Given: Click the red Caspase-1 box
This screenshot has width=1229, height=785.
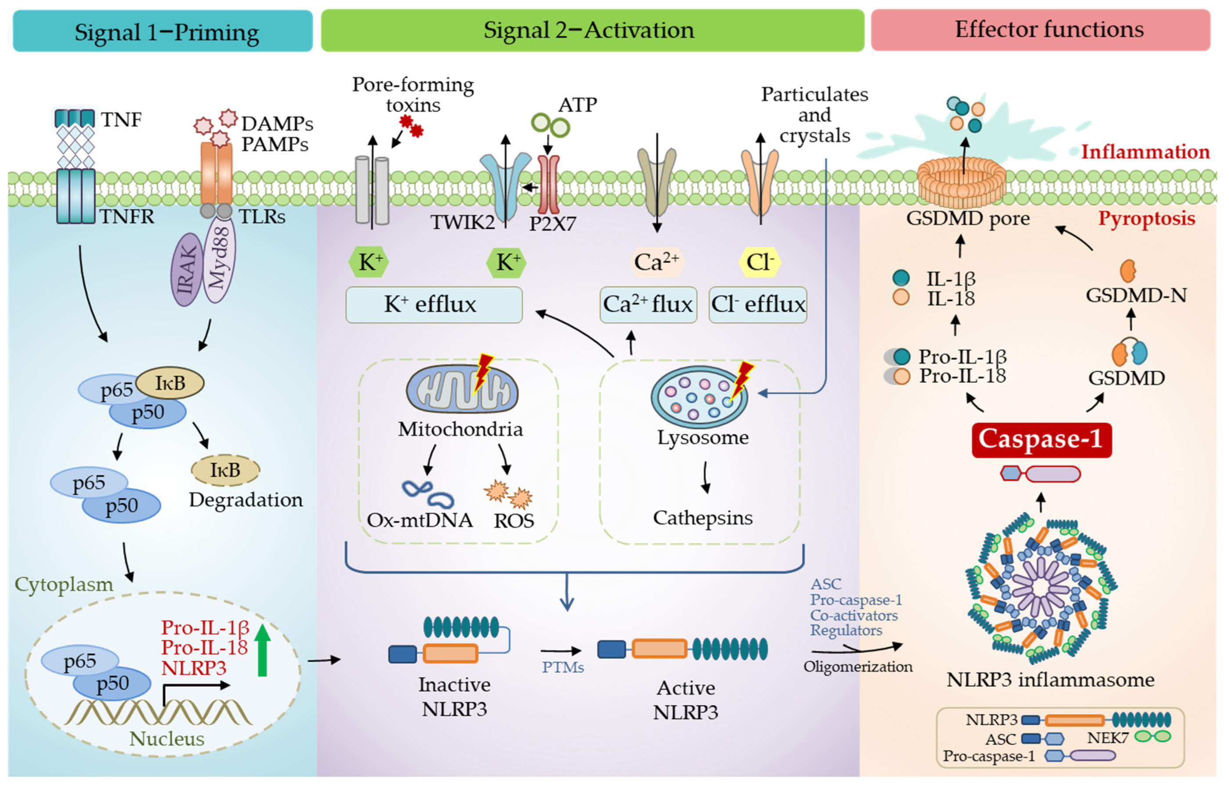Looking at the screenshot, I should (x=1041, y=439).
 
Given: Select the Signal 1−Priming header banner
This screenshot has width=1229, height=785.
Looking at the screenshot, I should (x=162, y=31).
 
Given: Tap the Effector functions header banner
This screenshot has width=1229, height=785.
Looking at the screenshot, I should (x=1040, y=29).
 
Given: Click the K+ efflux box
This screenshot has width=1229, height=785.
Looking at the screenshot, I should (x=433, y=305).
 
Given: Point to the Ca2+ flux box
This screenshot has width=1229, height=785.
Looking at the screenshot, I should (x=648, y=305).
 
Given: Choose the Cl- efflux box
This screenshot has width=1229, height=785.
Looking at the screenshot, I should (x=757, y=305).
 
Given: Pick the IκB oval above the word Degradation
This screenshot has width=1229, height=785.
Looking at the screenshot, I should (x=225, y=470).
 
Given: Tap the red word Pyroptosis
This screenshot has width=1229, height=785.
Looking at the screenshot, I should (x=1146, y=218).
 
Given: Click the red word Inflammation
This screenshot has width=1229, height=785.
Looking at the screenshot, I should (x=1145, y=152).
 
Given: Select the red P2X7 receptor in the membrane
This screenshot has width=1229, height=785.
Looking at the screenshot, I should (x=549, y=184).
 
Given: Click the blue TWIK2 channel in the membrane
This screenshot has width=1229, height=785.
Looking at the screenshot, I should (x=505, y=184).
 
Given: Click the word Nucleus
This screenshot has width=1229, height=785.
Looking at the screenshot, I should (x=166, y=738).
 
